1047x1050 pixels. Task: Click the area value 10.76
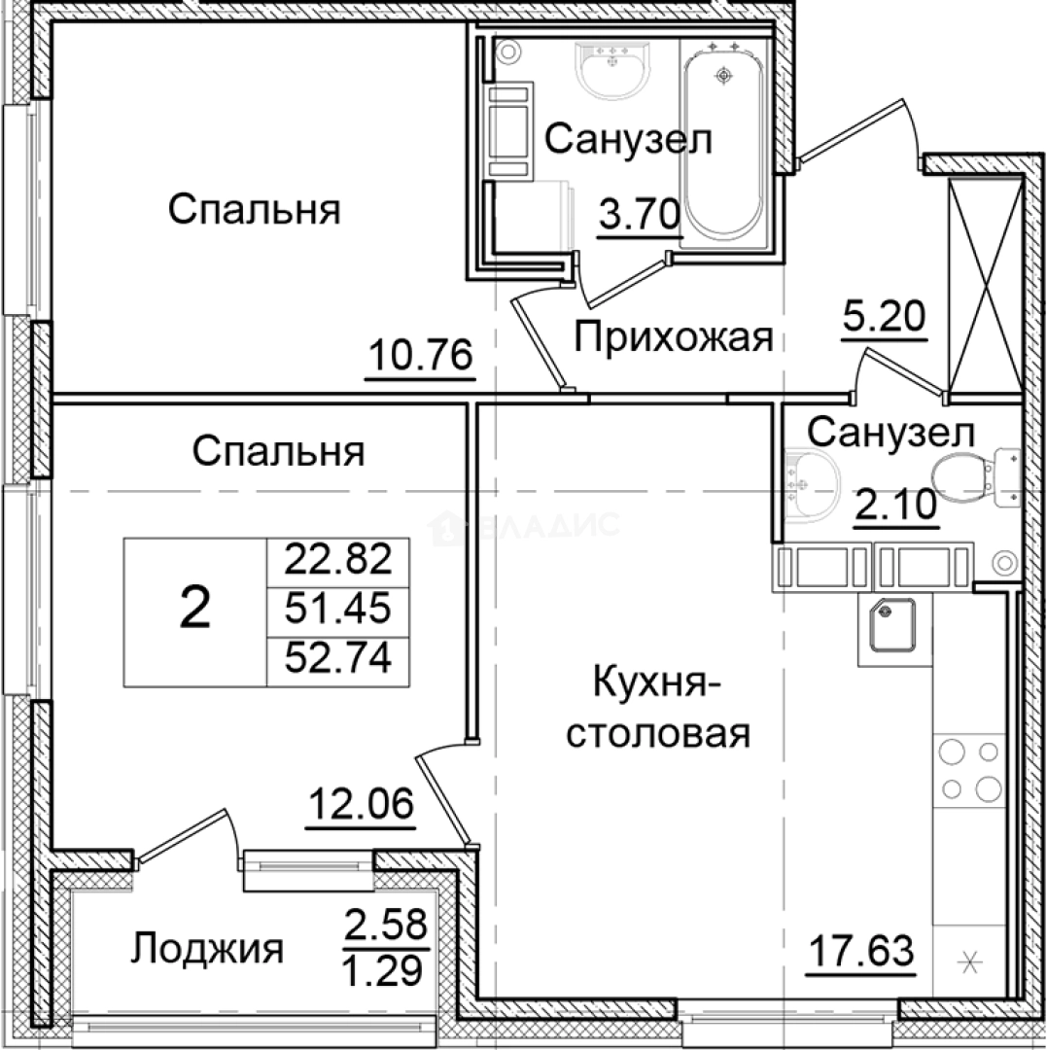click(420, 356)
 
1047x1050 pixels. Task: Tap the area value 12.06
click(361, 805)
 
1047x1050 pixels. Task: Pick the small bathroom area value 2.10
click(895, 505)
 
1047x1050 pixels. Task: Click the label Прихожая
click(673, 337)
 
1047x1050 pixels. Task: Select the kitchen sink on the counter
click(891, 627)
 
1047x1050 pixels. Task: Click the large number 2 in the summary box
click(195, 611)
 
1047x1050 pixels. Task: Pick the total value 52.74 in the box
click(337, 660)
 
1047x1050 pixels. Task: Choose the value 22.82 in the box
click(337, 560)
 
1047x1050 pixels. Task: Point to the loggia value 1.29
click(387, 969)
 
